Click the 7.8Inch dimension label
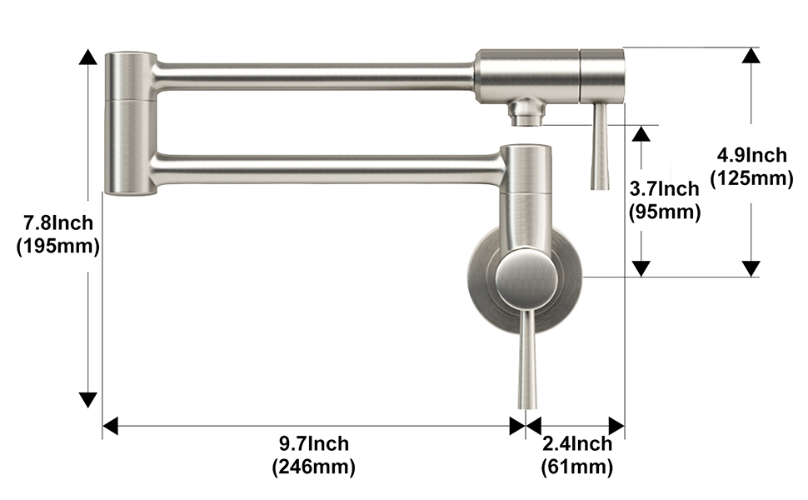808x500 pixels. [57, 223]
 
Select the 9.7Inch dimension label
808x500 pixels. [314, 444]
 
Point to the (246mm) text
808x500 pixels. [314, 467]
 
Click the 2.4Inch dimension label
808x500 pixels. [577, 444]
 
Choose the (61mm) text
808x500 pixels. [577, 467]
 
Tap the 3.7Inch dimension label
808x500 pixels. [664, 190]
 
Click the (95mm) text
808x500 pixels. [664, 212]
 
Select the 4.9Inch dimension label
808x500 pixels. [751, 155]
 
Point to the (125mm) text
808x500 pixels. [751, 177]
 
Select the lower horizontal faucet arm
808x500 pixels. [325, 169]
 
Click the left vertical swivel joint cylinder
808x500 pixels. [130, 123]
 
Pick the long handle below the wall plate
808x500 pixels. [525, 358]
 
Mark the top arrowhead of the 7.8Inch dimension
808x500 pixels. [87, 57]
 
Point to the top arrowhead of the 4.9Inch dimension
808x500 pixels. [751, 55]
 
